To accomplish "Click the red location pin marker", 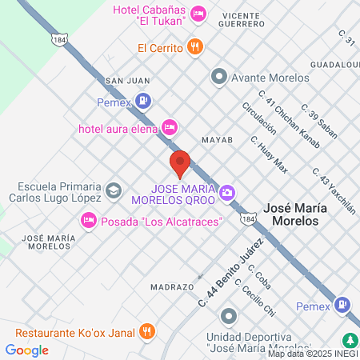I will [x=180, y=164].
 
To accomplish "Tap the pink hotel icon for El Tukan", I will [x=199, y=14].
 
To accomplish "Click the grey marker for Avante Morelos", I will [x=218, y=78].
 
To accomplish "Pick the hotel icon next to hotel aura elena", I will [x=169, y=126].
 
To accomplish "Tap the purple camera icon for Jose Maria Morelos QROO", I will [x=229, y=192].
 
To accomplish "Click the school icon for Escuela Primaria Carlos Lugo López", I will [x=113, y=190].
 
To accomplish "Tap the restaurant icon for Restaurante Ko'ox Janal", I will [x=146, y=330].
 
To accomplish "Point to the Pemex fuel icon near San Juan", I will [x=142, y=100].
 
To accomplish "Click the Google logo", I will [x=26, y=350].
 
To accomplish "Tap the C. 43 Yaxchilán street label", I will [x=334, y=189].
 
